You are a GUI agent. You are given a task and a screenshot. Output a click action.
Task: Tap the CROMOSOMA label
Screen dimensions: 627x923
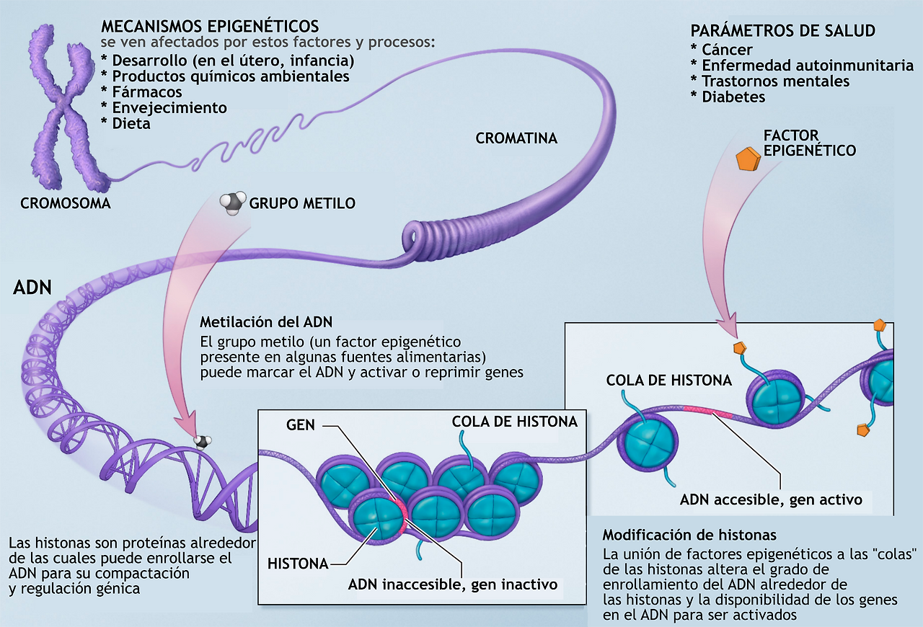[x=66, y=203]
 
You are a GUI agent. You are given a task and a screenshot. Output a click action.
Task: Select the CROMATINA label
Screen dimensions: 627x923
[x=516, y=138]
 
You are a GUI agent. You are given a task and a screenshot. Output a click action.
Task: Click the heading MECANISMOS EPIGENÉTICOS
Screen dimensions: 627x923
[x=210, y=27]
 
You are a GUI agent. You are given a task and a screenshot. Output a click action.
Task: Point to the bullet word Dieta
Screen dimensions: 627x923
[x=131, y=123]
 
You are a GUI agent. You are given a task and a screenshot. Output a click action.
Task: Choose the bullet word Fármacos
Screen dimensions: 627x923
[x=147, y=92]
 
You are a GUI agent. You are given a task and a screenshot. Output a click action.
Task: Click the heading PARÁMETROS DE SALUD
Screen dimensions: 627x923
[x=783, y=31]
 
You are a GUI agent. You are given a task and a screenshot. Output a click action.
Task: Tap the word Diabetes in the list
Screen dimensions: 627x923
[x=733, y=97]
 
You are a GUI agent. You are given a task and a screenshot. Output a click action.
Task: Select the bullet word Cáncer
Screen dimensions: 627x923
[x=727, y=50]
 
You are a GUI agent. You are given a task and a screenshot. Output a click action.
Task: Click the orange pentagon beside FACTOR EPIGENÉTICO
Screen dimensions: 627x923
[x=748, y=160]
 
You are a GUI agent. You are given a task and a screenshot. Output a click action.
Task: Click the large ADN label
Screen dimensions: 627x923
[x=32, y=288]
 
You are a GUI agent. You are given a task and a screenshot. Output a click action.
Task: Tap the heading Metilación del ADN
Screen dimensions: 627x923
[x=266, y=321]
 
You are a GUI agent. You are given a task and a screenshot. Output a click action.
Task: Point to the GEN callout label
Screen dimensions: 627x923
[x=300, y=424]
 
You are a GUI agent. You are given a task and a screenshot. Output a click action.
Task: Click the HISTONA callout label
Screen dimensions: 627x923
[x=298, y=562]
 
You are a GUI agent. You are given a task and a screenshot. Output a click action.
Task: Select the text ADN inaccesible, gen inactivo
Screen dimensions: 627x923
[x=453, y=584]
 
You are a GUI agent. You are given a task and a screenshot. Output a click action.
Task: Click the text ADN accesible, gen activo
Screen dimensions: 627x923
[x=771, y=499]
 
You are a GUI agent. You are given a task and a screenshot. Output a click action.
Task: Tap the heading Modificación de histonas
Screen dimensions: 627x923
[x=689, y=535]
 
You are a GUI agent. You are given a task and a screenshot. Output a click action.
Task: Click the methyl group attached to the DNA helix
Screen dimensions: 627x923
[x=204, y=441]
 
